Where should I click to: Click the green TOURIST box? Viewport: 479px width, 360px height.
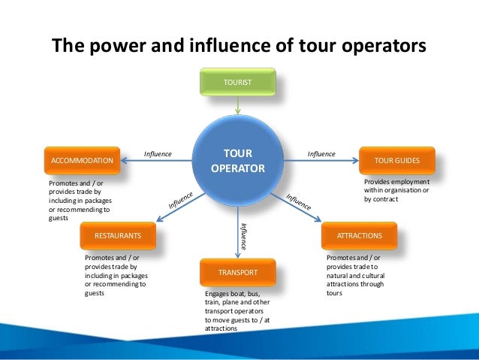237,80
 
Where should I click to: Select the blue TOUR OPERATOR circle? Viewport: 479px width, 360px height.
237,161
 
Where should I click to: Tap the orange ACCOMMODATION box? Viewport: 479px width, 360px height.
82,160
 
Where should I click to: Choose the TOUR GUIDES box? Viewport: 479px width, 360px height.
396,160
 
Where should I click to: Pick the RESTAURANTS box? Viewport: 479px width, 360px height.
118,235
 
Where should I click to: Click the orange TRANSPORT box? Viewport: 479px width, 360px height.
237,271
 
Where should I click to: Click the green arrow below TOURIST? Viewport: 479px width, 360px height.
237,106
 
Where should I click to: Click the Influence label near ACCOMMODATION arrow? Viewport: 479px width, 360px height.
158,153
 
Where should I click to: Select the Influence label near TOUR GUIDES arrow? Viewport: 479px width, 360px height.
321,153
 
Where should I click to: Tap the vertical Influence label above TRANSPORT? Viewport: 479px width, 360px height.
243,235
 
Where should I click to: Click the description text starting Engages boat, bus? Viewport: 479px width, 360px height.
237,310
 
